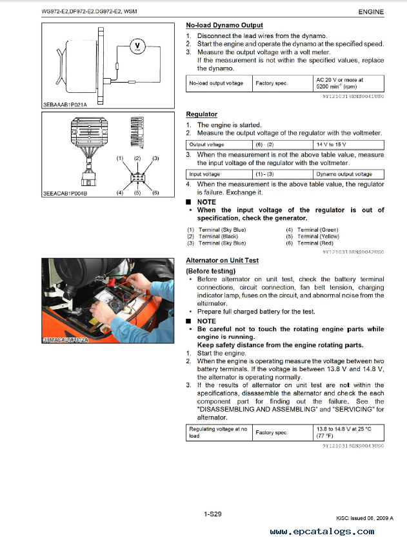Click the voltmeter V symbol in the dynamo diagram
tap(137, 45)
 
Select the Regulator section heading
tap(201, 114)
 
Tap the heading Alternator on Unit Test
tap(222, 260)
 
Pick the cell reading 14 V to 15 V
tap(332, 145)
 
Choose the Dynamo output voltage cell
tap(344, 174)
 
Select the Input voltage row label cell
tap(204, 174)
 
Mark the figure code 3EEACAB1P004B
tap(65, 193)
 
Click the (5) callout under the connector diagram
tap(137, 193)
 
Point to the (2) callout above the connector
tap(137, 158)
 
